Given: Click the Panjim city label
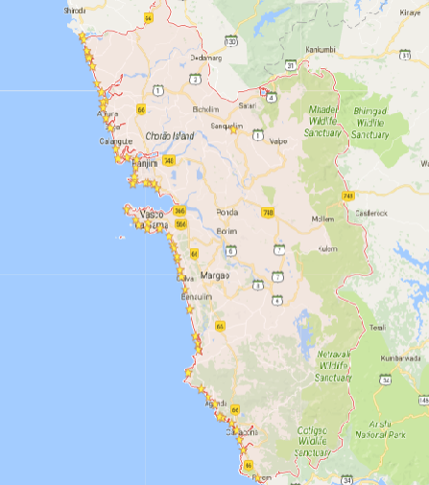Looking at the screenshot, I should pyautogui.click(x=144, y=164).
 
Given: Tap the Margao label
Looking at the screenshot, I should pyautogui.click(x=215, y=276).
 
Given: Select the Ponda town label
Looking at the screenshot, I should pyautogui.click(x=226, y=212).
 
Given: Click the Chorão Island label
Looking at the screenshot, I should pyautogui.click(x=169, y=136).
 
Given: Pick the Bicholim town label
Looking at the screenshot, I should pyautogui.click(x=205, y=109).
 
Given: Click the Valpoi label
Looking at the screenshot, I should pyautogui.click(x=278, y=141).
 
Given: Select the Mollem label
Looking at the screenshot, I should pyautogui.click(x=322, y=219).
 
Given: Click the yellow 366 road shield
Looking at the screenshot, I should pyautogui.click(x=180, y=210).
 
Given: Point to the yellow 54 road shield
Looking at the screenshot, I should pyautogui.click(x=148, y=18).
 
